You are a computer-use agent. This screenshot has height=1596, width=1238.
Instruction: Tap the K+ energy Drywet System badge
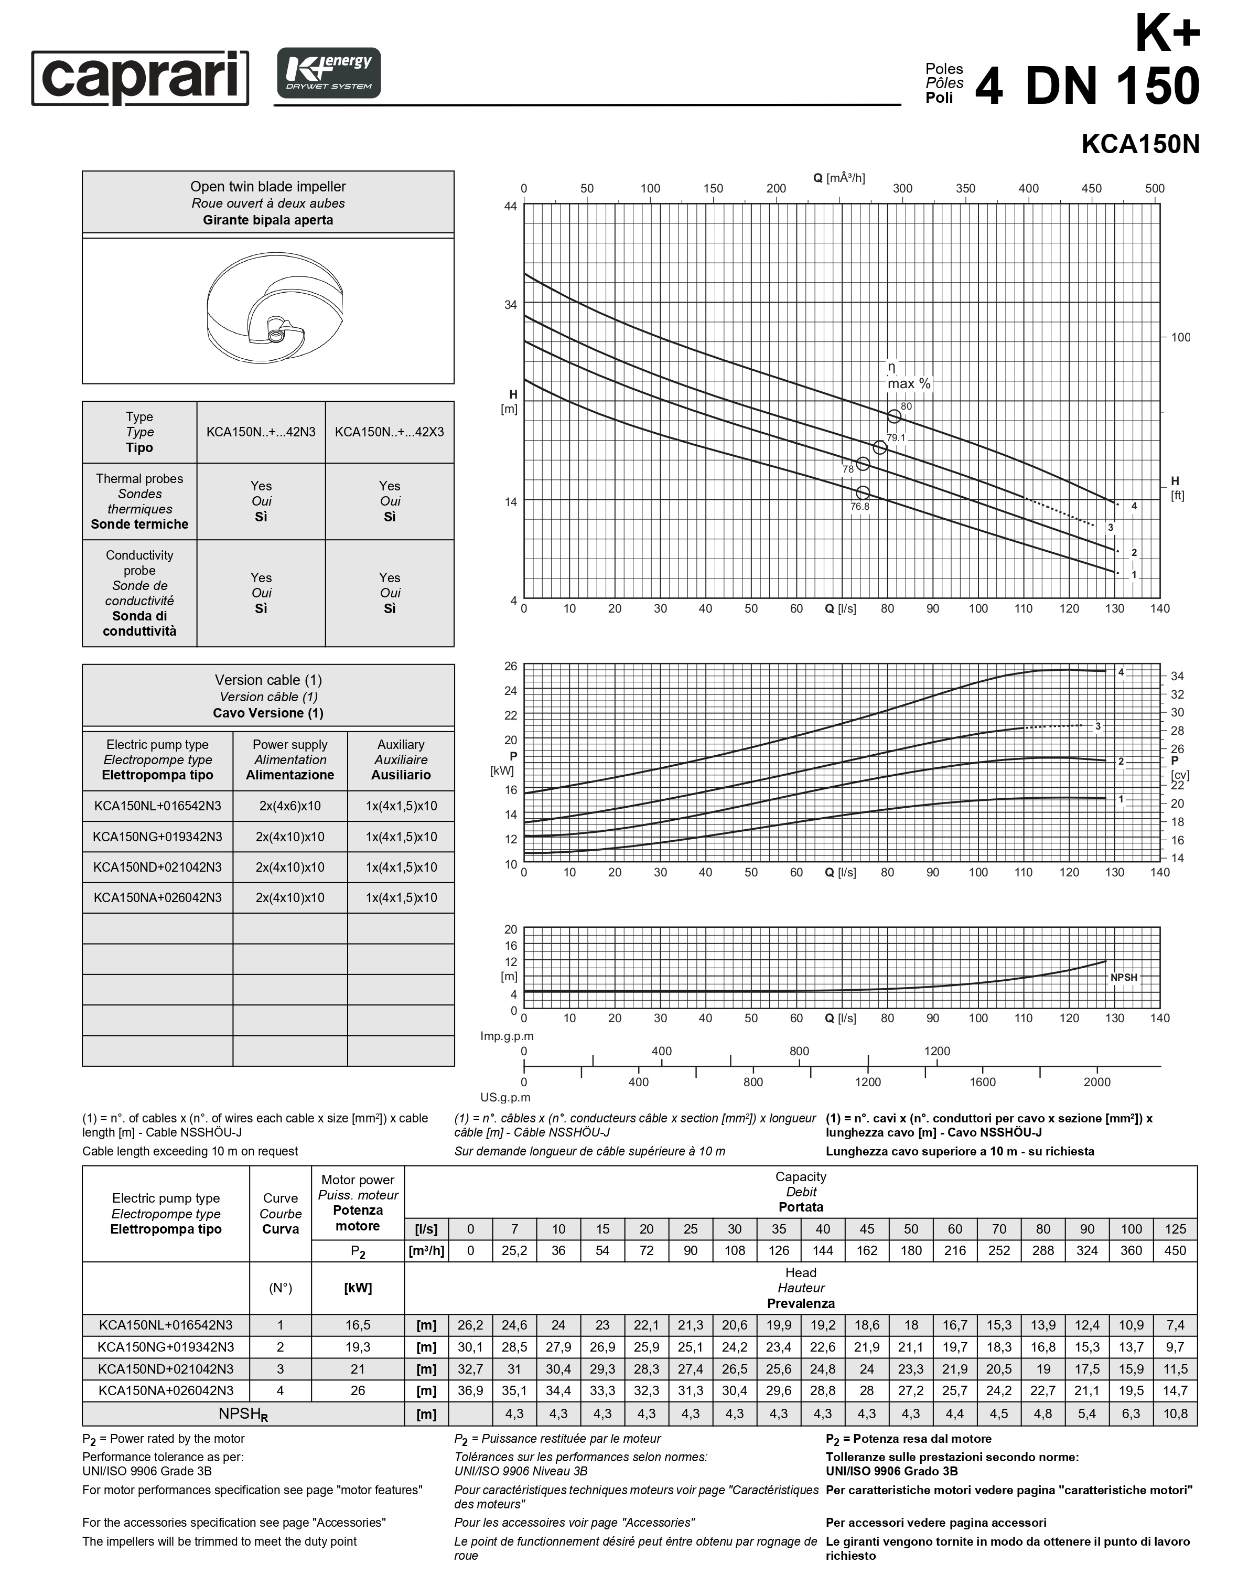coord(329,73)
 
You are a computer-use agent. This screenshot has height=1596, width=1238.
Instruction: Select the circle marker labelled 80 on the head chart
coord(894,416)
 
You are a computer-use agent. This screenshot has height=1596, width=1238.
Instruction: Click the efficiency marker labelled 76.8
coord(863,493)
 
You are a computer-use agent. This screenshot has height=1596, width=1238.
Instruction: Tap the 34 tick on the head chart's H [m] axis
coord(511,305)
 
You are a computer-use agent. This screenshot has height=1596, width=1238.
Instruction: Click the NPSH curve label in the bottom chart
coord(1123,977)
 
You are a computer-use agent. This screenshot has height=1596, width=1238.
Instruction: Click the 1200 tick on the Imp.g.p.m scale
coord(937,1052)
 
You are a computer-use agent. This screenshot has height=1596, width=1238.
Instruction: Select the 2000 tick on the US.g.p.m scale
coord(1097,1082)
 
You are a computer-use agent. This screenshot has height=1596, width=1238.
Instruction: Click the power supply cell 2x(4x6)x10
coord(290,806)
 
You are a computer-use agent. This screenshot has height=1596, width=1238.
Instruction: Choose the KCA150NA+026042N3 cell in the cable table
coord(158,897)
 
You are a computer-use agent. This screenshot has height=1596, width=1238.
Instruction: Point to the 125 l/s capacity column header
coord(1175,1229)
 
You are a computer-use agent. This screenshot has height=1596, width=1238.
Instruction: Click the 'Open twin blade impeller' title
coord(268,187)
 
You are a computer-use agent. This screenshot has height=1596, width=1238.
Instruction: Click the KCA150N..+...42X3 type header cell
coord(389,432)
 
